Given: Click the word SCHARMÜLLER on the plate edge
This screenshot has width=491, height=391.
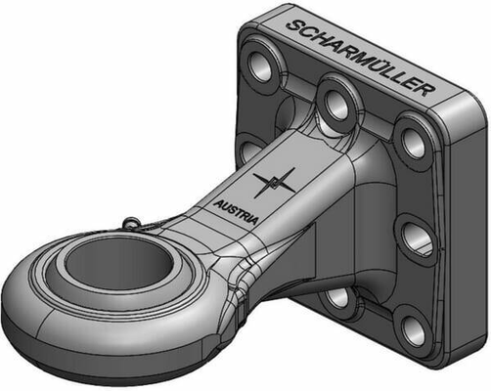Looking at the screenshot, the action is click(x=361, y=58).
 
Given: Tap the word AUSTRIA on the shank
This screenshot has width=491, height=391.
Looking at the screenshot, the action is click(x=236, y=212).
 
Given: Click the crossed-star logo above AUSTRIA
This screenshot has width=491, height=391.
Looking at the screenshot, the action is click(x=274, y=183).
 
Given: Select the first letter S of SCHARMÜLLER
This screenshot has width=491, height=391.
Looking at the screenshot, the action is click(x=293, y=25).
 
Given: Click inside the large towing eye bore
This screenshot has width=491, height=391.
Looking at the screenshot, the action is click(x=119, y=266).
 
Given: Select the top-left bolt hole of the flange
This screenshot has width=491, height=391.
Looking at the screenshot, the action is click(x=260, y=66).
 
